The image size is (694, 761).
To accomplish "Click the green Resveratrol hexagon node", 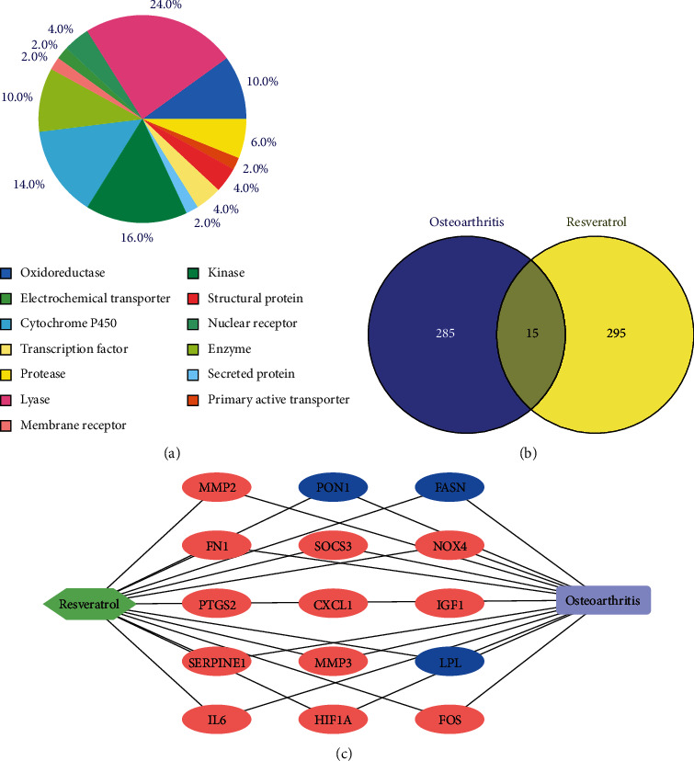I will click(x=90, y=604).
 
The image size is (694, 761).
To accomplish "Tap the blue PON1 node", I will click(x=332, y=487).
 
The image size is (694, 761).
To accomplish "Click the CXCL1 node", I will click(x=332, y=604).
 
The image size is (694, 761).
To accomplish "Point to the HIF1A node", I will click(x=332, y=720).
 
